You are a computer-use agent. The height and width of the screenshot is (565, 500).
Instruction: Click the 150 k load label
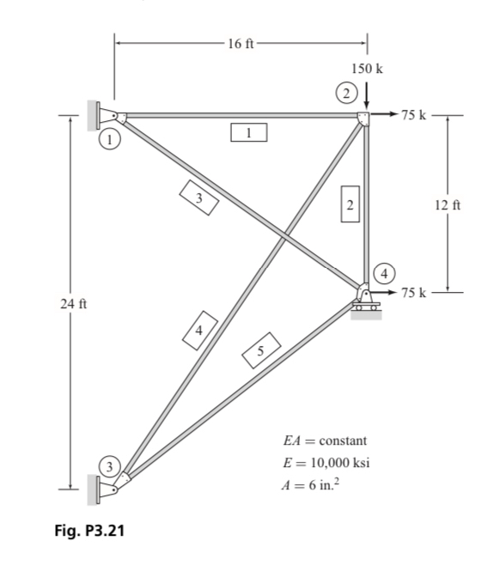367,68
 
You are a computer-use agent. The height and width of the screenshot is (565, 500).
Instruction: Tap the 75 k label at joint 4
415,294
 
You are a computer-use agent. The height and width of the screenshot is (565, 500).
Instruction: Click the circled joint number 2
346,92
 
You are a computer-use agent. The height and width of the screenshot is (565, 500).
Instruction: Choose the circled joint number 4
386,273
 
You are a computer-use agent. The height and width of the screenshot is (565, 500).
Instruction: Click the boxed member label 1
248,133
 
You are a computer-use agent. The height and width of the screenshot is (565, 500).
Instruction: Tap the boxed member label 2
350,204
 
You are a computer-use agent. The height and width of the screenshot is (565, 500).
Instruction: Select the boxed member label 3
198,198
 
